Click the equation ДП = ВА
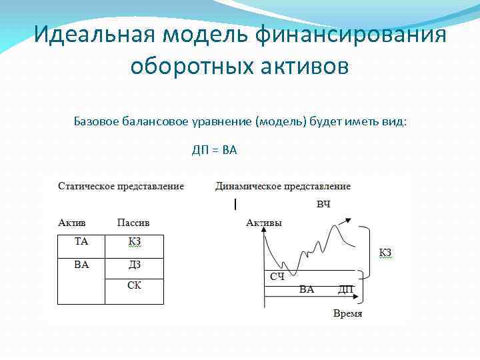pos(215,151)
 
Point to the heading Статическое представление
pos(121,186)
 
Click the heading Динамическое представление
pos(283,186)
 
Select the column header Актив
pos(72,222)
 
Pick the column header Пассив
pos(133,222)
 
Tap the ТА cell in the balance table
pos(81,241)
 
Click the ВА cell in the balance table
pos(81,265)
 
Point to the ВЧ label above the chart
pos(323,203)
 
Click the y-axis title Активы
pos(263,223)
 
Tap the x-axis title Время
pos(347,313)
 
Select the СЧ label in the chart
pos(277,276)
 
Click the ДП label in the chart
pos(346,289)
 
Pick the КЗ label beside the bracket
pos(385,252)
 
